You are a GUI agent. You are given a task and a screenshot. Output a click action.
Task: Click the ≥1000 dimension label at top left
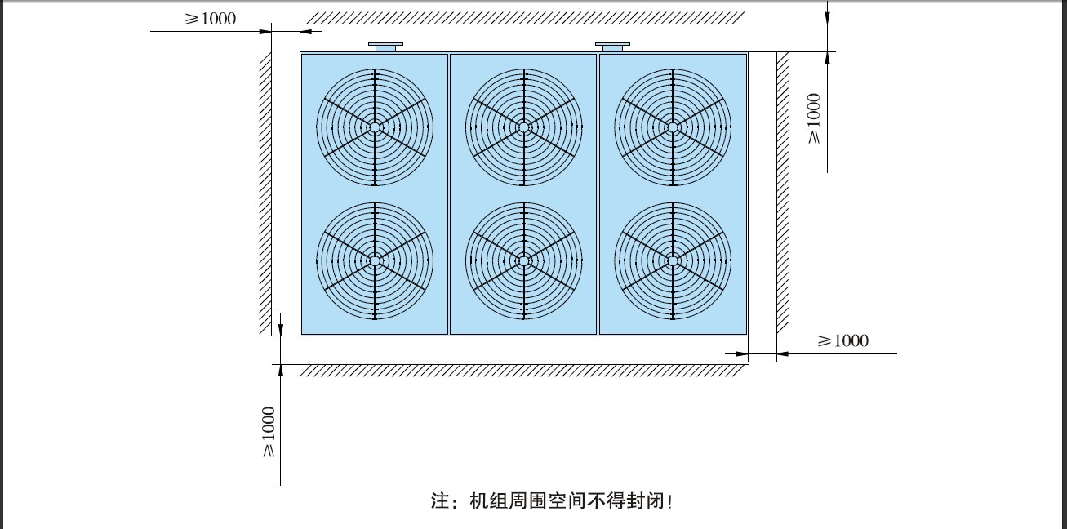[x=211, y=19]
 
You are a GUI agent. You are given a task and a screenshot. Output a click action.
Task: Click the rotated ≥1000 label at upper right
[x=814, y=118]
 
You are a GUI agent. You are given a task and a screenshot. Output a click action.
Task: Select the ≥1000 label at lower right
[x=842, y=340]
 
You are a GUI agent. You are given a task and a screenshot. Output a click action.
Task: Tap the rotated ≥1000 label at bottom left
[x=269, y=431]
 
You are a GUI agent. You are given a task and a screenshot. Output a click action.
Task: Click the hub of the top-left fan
[x=375, y=127]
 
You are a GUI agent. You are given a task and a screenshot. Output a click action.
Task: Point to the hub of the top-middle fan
[x=524, y=127]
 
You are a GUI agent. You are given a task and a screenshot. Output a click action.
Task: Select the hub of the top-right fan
[x=673, y=127]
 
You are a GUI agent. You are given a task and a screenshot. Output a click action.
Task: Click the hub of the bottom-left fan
[x=375, y=261]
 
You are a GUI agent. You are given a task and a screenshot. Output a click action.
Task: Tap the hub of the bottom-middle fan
[x=524, y=261]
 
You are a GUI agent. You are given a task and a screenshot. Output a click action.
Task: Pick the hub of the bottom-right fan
[x=673, y=261]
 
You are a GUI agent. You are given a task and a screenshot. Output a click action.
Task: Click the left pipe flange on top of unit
[x=385, y=47]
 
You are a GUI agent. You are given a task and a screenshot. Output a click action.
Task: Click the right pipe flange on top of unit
[x=612, y=47]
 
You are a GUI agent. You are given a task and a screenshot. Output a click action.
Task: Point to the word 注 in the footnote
[x=440, y=501]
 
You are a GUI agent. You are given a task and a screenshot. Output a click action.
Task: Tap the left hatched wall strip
[x=265, y=193]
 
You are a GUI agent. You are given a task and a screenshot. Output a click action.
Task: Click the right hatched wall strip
[x=783, y=193]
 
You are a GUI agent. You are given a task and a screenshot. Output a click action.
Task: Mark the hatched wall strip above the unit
[x=524, y=18]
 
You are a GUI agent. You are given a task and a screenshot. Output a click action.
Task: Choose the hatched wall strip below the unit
[x=523, y=371]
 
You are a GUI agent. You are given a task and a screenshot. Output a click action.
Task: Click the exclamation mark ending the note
[x=670, y=501]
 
